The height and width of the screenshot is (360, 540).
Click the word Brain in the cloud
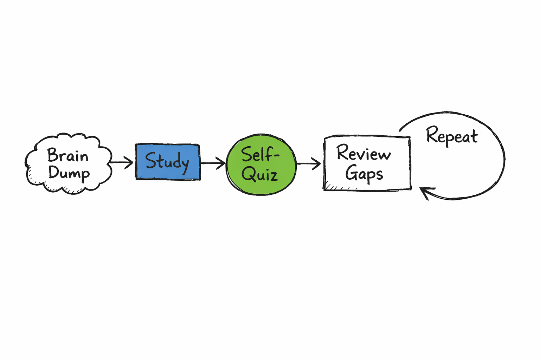(68, 155)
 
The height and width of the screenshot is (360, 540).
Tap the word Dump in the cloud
(69, 173)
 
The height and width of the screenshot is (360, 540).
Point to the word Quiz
(260, 174)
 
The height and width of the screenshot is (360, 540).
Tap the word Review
(364, 153)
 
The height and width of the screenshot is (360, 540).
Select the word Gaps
(364, 173)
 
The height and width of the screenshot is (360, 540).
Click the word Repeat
(452, 136)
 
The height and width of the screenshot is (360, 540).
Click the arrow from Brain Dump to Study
(121, 162)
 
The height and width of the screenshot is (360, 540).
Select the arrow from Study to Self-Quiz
(213, 163)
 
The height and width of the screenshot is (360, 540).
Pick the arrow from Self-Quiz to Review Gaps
(309, 163)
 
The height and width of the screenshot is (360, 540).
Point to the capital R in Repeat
(432, 134)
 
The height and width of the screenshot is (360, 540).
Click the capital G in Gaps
(352, 172)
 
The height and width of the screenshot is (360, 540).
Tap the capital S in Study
(151, 160)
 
